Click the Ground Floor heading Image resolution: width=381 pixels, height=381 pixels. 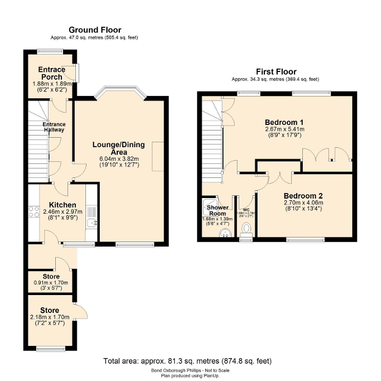click(94, 30)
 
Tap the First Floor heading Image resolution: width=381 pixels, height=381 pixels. click(276, 71)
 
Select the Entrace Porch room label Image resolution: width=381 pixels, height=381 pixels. click(51, 73)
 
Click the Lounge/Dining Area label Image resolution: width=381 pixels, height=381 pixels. click(118, 148)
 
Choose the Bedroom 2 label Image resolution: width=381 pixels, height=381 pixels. click(303, 196)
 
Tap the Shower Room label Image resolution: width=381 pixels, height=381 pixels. click(217, 210)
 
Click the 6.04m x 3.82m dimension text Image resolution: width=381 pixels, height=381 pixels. click(118, 158)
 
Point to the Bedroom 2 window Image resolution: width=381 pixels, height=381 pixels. click(305, 240)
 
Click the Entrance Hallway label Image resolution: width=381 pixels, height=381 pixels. click(54, 127)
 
